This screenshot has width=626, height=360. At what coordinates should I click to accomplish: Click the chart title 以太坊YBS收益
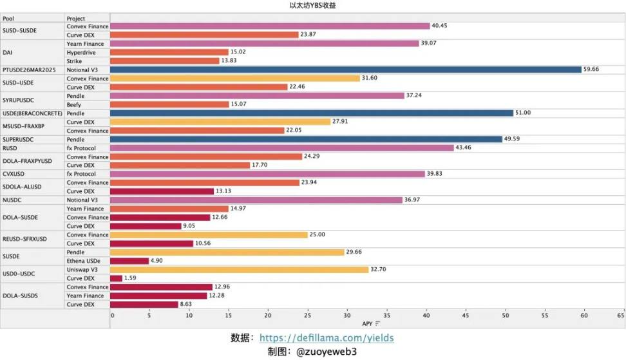click(312, 5)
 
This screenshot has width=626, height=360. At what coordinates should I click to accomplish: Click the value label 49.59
click(511, 139)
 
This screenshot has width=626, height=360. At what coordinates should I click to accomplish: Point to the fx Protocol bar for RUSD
click(282, 148)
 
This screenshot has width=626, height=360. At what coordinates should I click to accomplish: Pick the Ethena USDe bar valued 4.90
click(129, 261)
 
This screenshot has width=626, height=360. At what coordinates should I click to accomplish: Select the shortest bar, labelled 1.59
click(117, 278)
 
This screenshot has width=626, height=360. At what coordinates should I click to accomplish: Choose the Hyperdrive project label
click(82, 52)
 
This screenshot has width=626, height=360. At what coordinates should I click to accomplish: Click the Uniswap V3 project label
click(82, 270)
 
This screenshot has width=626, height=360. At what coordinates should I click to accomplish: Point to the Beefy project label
click(75, 104)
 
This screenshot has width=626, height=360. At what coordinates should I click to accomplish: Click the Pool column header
click(8, 19)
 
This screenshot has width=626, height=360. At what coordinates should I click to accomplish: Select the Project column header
click(76, 19)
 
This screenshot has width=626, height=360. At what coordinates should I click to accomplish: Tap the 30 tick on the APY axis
click(348, 316)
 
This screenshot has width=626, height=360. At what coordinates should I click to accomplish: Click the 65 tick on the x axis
click(620, 316)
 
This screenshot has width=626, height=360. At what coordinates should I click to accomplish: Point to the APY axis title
click(367, 323)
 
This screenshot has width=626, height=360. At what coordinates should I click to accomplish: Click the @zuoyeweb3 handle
click(326, 352)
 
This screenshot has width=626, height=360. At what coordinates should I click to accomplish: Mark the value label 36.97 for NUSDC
click(412, 200)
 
